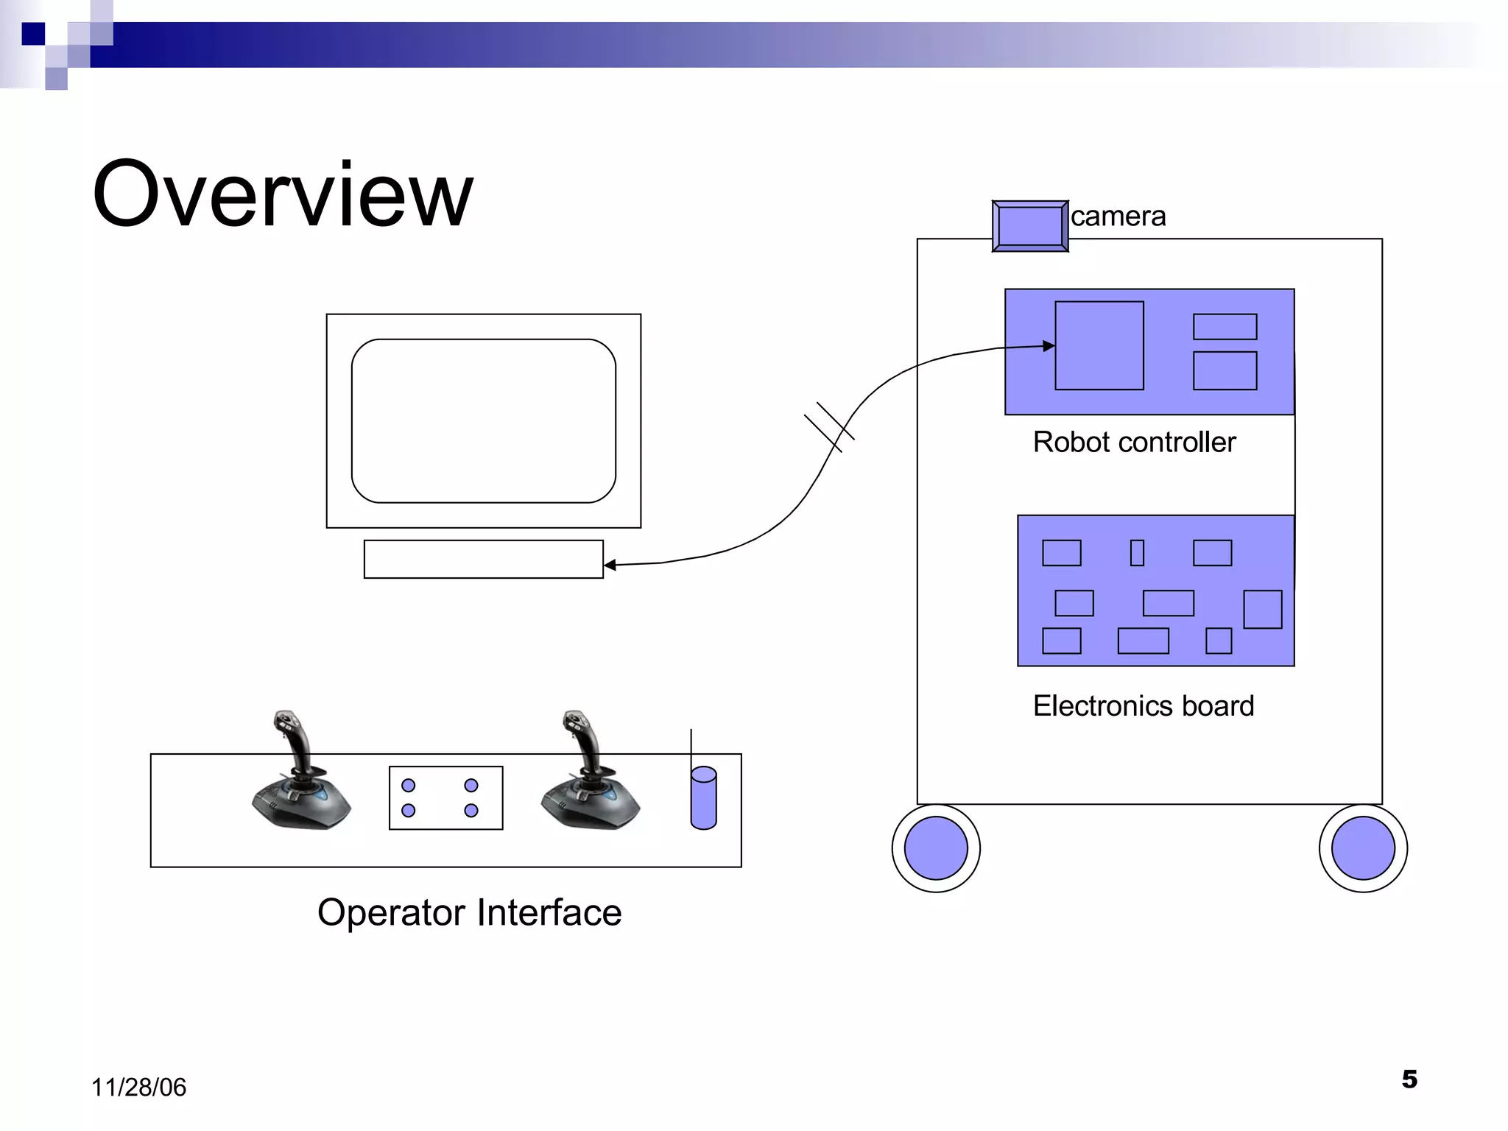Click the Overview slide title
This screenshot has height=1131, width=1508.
coord(283,194)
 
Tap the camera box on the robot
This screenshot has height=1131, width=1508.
coord(1029,226)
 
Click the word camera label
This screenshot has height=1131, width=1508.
coord(1118,216)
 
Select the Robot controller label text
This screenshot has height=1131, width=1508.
coord(1134,443)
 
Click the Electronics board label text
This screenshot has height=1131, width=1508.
coord(1143,706)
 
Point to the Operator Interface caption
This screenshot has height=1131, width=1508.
coord(469,913)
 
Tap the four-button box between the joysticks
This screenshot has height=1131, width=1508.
coord(445,798)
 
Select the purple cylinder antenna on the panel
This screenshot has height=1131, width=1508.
coord(703,798)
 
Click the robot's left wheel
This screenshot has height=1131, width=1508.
coord(935,848)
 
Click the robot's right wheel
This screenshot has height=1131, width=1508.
coord(1363,848)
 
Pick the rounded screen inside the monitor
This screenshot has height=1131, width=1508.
coord(483,421)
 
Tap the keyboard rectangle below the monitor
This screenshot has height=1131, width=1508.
coord(483,560)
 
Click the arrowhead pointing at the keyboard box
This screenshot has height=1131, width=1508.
coord(610,565)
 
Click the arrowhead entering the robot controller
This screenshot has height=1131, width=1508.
coord(1049,346)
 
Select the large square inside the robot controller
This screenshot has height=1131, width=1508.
coord(1099,345)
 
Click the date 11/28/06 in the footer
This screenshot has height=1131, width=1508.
coord(138,1088)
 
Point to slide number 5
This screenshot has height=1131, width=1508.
coord(1409,1079)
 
